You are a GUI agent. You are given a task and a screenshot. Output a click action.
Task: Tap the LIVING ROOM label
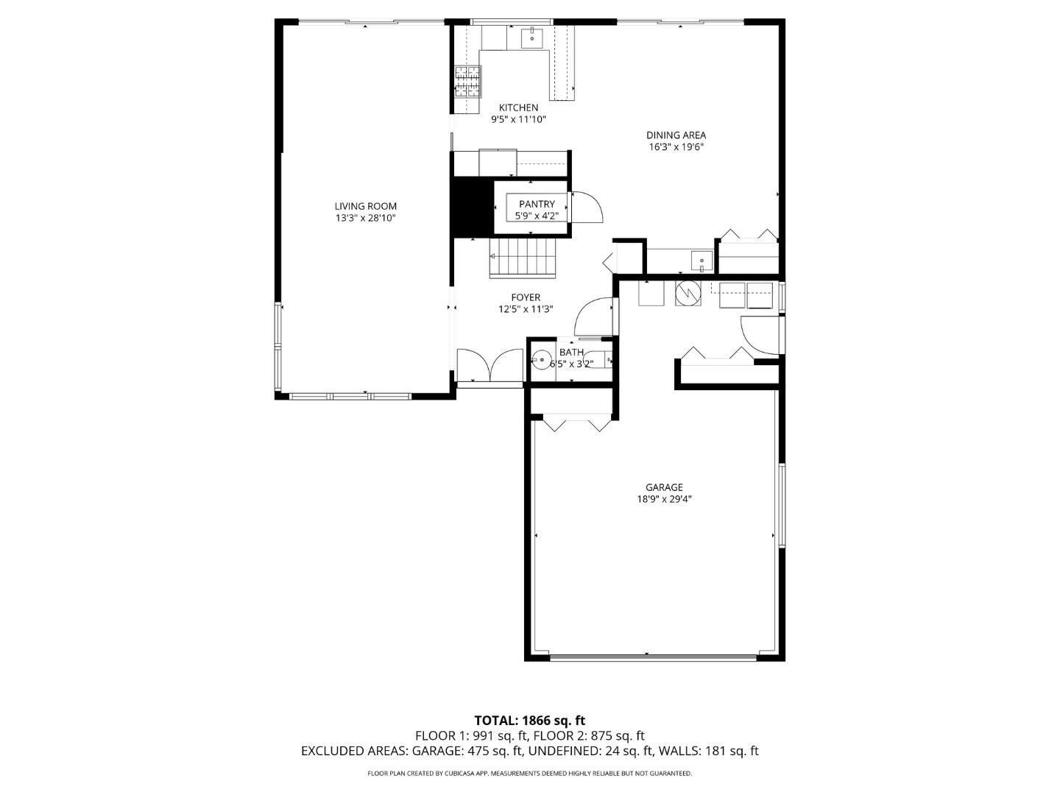365,207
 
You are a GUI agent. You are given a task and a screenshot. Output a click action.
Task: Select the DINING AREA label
676,135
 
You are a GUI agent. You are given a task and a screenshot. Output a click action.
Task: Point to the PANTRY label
537,205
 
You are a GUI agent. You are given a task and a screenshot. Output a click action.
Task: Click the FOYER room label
526,298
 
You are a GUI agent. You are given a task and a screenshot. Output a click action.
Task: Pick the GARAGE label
664,487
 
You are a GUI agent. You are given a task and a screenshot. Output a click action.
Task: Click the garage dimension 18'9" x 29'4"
664,499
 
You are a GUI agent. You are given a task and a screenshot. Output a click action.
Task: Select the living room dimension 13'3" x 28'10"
365,219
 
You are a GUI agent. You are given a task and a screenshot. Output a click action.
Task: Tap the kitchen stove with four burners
467,82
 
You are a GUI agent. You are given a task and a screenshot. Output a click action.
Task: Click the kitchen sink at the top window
531,38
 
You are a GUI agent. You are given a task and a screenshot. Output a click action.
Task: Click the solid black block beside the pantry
472,208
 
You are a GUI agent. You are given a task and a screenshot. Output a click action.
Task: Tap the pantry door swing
586,207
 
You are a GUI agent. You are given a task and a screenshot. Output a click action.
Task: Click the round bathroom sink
542,360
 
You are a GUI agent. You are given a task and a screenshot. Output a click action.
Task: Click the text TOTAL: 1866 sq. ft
529,721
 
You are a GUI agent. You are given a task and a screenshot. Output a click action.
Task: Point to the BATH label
571,353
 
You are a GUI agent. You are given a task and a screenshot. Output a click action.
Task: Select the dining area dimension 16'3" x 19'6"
676,147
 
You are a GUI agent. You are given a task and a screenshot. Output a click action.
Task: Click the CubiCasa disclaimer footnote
529,774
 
